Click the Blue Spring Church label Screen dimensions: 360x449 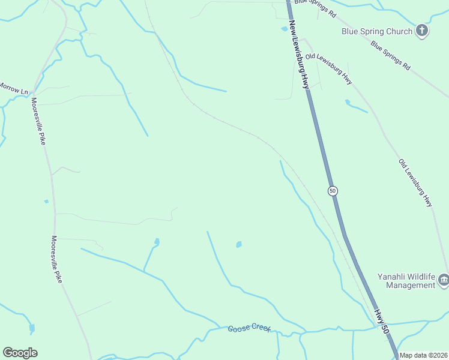coord(377,32)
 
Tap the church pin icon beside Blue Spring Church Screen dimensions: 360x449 coord(422,31)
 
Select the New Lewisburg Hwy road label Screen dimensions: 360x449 coord(298,55)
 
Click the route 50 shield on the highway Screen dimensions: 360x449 coord(333,191)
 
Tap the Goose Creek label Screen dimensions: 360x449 coord(249,329)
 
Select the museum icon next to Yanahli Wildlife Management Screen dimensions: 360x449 coord(444,280)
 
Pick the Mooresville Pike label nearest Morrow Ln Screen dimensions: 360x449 coord(39,122)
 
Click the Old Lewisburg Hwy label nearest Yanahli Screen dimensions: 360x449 coord(415,183)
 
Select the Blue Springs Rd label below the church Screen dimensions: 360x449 coord(390,56)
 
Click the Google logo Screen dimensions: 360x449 coord(20,353)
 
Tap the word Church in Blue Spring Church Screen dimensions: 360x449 coord(397,32)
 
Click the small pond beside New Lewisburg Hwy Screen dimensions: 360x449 coord(284,28)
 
